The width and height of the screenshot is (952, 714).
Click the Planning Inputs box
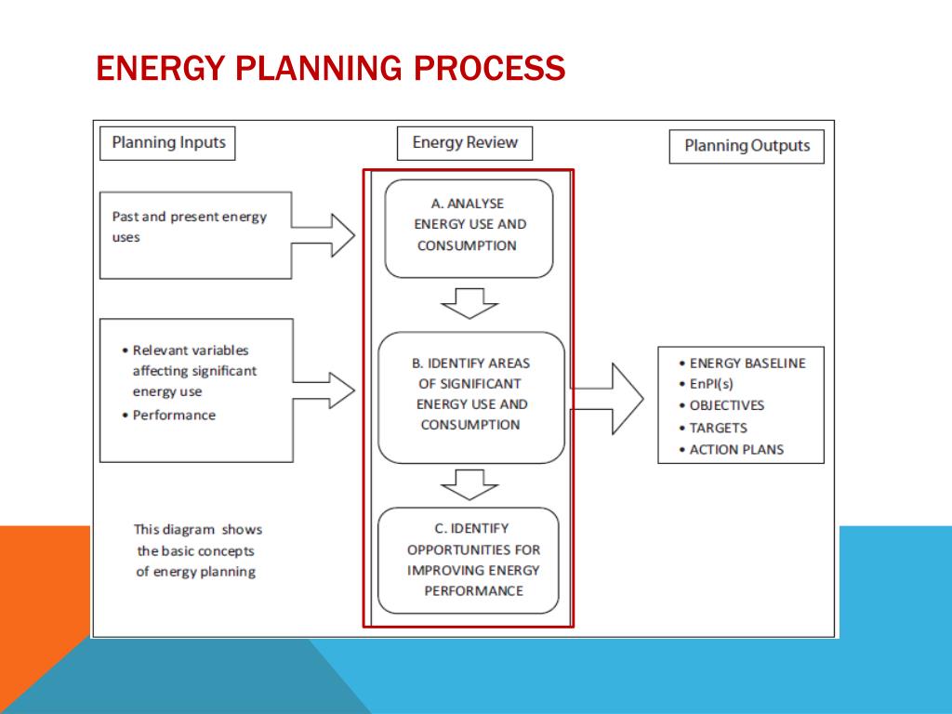(x=168, y=143)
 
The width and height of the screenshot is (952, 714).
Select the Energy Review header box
(x=465, y=143)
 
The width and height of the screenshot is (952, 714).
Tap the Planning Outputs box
(x=747, y=146)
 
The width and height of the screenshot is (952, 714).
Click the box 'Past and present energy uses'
(x=196, y=235)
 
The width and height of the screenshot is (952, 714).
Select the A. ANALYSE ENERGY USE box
(x=469, y=228)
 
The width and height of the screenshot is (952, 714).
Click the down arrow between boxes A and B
(x=469, y=303)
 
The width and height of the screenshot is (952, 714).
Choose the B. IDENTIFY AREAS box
(x=471, y=397)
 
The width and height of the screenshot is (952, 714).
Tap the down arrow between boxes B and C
(x=469, y=483)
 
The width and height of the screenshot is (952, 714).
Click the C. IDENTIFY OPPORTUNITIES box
(x=469, y=560)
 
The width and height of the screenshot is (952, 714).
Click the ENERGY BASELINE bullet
(x=747, y=363)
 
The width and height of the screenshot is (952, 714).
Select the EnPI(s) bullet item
(x=713, y=384)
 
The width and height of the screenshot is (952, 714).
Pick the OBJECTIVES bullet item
(x=726, y=405)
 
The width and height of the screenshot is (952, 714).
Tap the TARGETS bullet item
(x=718, y=428)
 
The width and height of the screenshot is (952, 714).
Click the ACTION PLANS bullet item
(x=735, y=449)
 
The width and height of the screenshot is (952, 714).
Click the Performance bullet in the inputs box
(x=173, y=415)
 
